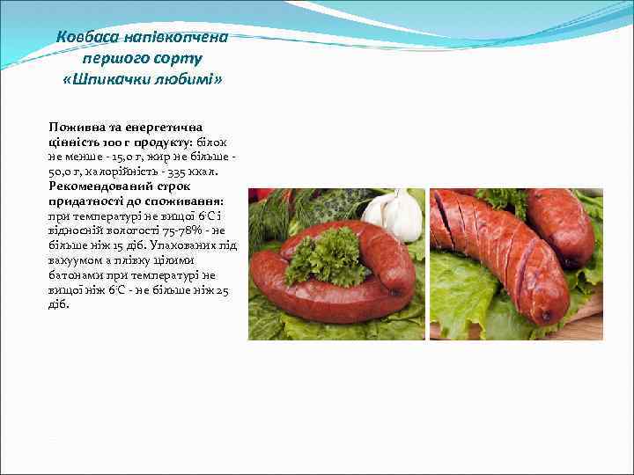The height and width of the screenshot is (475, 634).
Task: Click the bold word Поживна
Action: (74, 128)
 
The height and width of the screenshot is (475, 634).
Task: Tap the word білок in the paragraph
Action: (211, 142)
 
